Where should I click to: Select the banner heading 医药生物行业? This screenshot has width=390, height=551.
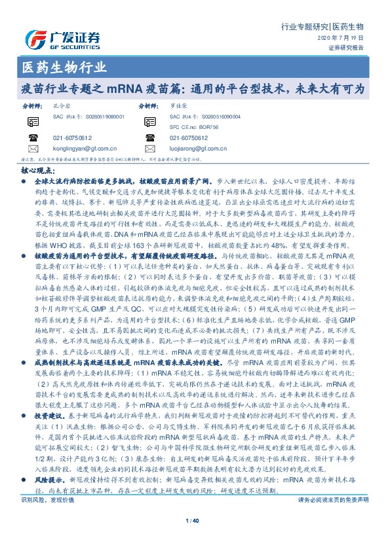click(x=59, y=67)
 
